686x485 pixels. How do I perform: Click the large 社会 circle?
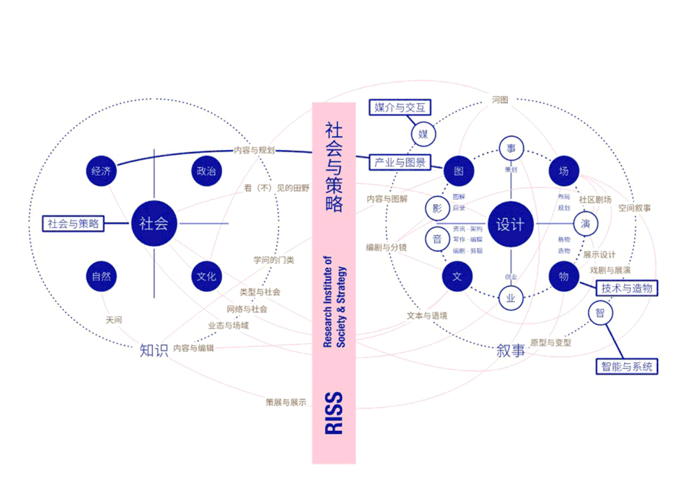(153, 223)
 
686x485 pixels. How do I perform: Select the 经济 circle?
(101, 171)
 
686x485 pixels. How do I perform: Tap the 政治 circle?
(206, 171)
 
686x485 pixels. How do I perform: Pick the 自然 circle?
(101, 276)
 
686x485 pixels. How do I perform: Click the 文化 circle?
(206, 276)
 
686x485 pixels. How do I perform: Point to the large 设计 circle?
(510, 225)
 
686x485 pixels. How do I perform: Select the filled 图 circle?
(458, 171)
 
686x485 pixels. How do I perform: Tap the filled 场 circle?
(563, 171)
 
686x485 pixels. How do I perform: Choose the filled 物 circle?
(563, 276)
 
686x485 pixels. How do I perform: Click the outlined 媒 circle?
(423, 134)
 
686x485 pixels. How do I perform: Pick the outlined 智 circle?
(600, 313)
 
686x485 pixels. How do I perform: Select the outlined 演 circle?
(586, 223)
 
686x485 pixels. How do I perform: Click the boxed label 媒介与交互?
(400, 107)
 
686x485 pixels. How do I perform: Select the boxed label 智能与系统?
(626, 366)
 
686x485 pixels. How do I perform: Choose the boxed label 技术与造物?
(626, 288)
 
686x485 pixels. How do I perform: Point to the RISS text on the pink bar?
(334, 413)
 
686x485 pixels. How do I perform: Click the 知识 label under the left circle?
(154, 350)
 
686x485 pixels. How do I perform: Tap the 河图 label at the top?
(500, 100)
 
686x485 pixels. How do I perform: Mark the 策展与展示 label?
(286, 402)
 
